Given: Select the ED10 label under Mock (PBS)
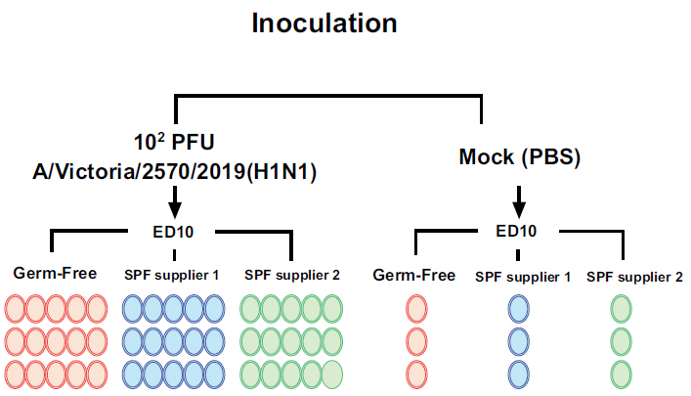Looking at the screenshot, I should tap(519, 232).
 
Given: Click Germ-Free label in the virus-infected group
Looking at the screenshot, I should tap(56, 273).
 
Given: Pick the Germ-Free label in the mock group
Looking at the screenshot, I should tap(414, 275).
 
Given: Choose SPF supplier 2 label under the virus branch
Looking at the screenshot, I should tap(291, 274).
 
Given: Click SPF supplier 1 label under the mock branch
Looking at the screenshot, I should tap(523, 277).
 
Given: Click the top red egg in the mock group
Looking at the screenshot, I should tap(416, 309).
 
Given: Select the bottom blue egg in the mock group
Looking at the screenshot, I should tap(519, 374).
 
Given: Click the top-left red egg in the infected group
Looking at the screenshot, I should tap(17, 309).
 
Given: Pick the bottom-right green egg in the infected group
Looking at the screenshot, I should tap(332, 374).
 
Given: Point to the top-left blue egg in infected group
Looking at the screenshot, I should tap(133, 309).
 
